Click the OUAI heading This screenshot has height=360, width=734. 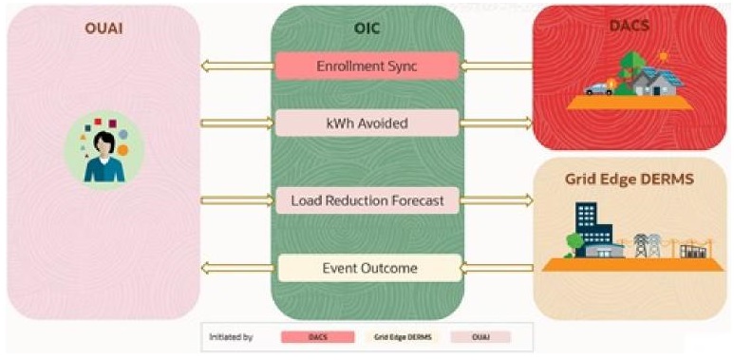click(103, 27)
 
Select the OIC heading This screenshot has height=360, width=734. click(367, 27)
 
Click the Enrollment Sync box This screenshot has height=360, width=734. click(367, 66)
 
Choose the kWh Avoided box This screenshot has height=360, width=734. click(367, 123)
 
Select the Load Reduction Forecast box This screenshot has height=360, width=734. click(367, 199)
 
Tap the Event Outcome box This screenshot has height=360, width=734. click(367, 268)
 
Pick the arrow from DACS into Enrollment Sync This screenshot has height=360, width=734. click(497, 66)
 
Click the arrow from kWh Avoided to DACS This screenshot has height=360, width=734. click(497, 123)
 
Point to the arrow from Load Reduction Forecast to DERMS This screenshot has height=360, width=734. click(497, 199)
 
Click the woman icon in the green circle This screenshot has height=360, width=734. click(104, 152)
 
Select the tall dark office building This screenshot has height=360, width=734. click(585, 228)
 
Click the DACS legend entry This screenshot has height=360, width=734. click(318, 336)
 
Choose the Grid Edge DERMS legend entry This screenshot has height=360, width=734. click(399, 336)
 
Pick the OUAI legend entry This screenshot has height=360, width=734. click(477, 336)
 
